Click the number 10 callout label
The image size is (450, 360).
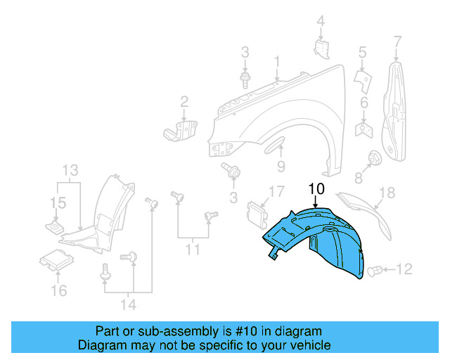316,188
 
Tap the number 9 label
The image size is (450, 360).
280,167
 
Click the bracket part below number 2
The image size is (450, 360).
181,130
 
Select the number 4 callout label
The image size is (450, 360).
321,22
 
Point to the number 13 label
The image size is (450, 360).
70,170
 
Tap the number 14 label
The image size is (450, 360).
127,305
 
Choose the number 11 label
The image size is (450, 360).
192,249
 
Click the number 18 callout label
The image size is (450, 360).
387,193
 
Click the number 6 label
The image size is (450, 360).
364,104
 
